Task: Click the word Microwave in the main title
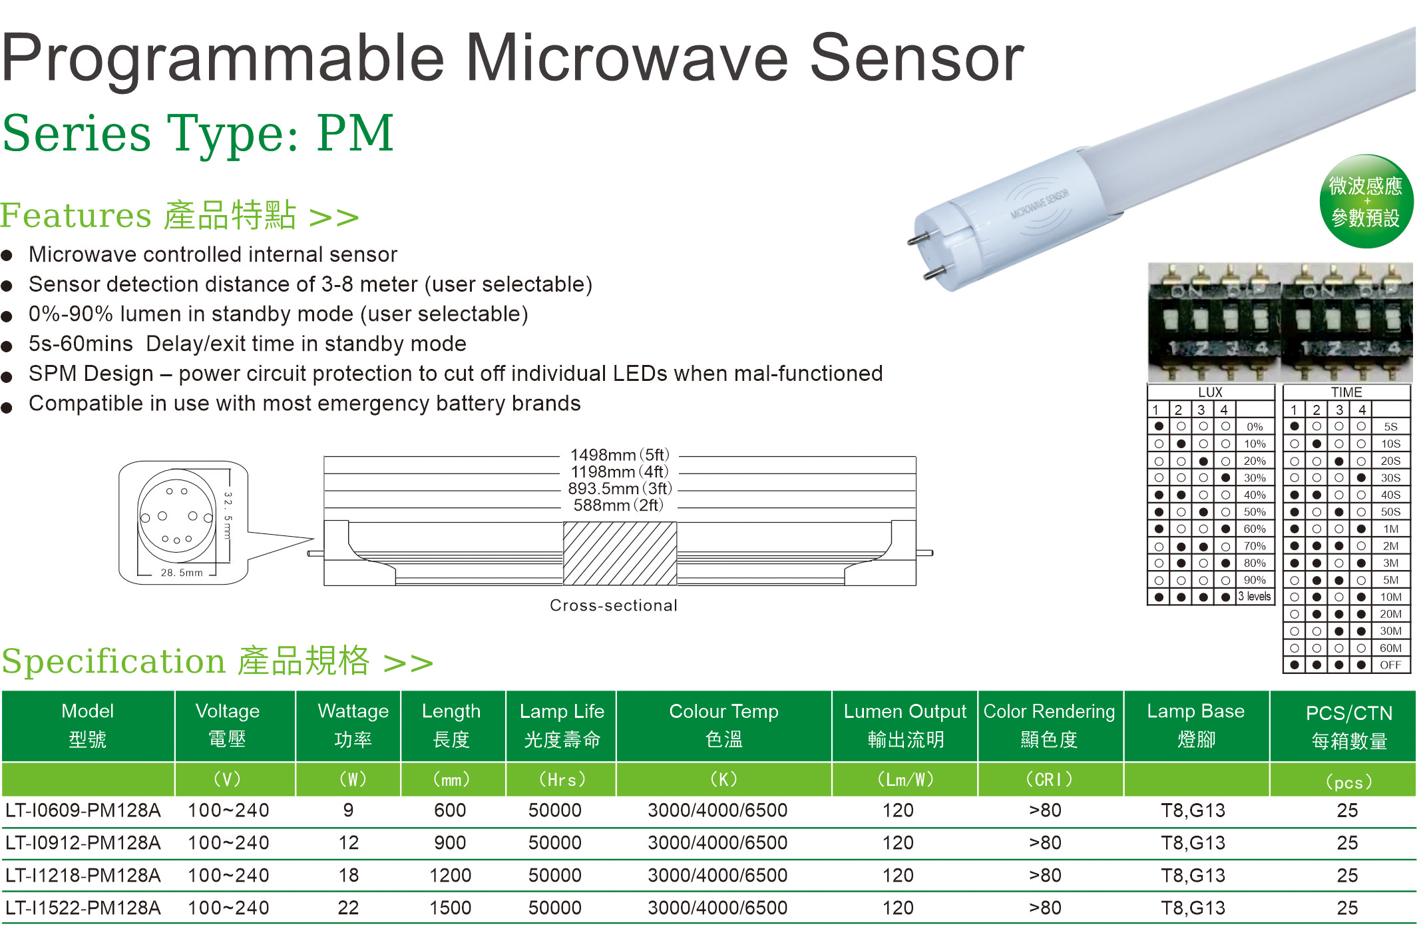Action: click(x=626, y=59)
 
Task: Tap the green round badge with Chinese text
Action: click(x=1366, y=201)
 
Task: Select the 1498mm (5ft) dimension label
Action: click(x=620, y=455)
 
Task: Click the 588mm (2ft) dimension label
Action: click(x=618, y=505)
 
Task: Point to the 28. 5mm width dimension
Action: click(x=181, y=573)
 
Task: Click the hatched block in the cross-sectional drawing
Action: click(x=620, y=553)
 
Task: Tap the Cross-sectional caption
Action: click(x=613, y=605)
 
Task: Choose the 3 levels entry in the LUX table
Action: click(x=1255, y=597)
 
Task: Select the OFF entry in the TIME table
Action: click(x=1390, y=665)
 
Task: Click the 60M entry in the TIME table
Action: click(x=1390, y=648)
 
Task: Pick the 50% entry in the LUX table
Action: click(x=1255, y=512)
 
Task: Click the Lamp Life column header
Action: click(x=562, y=725)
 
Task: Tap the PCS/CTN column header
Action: click(x=1349, y=727)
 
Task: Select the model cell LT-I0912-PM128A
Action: click(x=83, y=843)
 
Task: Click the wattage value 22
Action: click(x=348, y=908)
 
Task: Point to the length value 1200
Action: click(x=451, y=875)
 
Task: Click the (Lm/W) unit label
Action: click(x=905, y=779)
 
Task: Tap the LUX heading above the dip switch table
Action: click(x=1210, y=392)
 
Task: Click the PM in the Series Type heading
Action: click(x=355, y=133)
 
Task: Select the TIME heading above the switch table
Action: click(x=1346, y=392)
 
